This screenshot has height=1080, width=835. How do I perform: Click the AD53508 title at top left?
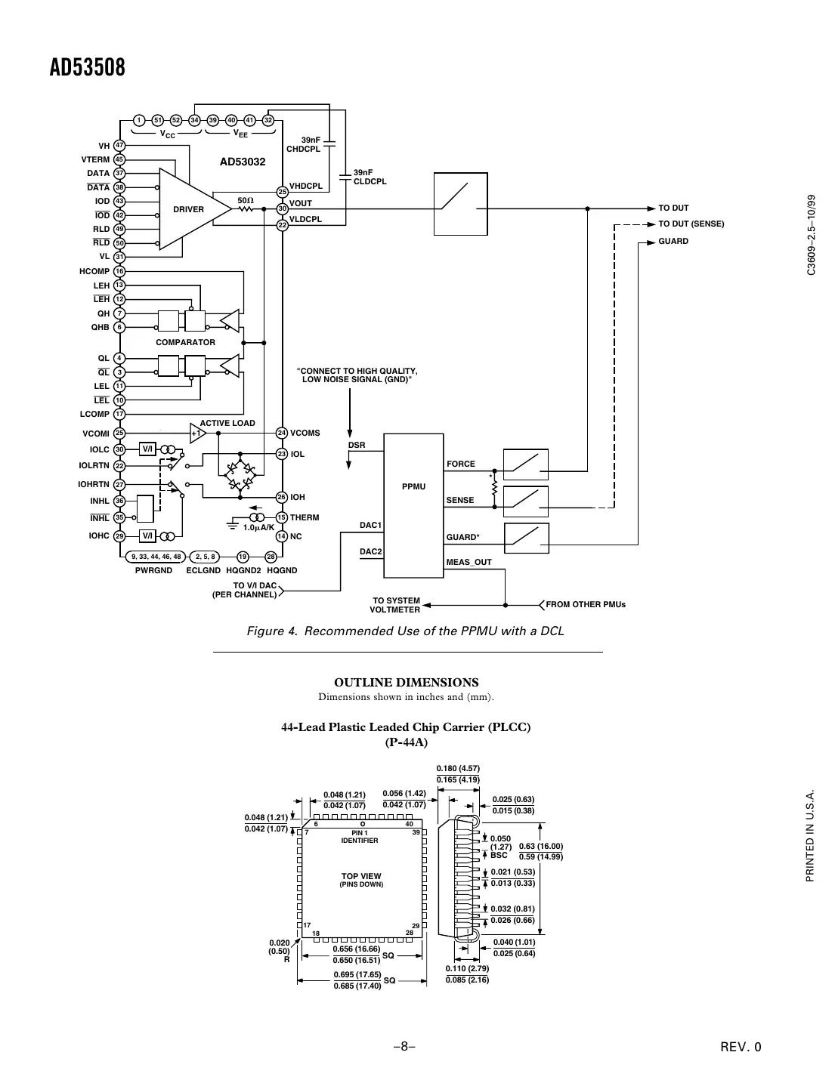(87, 68)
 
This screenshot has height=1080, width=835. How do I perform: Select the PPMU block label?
(413, 486)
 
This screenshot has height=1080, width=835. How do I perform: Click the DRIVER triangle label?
(188, 209)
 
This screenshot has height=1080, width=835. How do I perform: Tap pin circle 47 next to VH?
(119, 146)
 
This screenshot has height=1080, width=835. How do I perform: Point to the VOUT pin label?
(301, 203)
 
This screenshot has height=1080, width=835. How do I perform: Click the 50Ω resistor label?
(245, 200)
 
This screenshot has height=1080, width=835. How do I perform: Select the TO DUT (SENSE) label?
(691, 224)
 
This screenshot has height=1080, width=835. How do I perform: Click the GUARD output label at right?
(673, 242)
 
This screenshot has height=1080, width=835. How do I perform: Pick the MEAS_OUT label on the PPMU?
(469, 562)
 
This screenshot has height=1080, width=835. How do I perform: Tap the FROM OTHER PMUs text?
(586, 604)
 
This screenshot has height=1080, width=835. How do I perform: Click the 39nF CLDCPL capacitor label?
(370, 177)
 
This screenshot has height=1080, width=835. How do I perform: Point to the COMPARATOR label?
(185, 342)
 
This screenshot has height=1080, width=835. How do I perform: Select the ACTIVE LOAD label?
(227, 423)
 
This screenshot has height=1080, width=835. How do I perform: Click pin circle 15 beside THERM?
(282, 517)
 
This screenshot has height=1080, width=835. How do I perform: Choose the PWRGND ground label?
(153, 571)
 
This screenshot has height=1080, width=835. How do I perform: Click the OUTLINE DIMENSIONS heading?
(407, 682)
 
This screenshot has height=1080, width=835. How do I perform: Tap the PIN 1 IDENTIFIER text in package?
(359, 837)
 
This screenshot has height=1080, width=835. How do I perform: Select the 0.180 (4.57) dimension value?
(458, 769)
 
